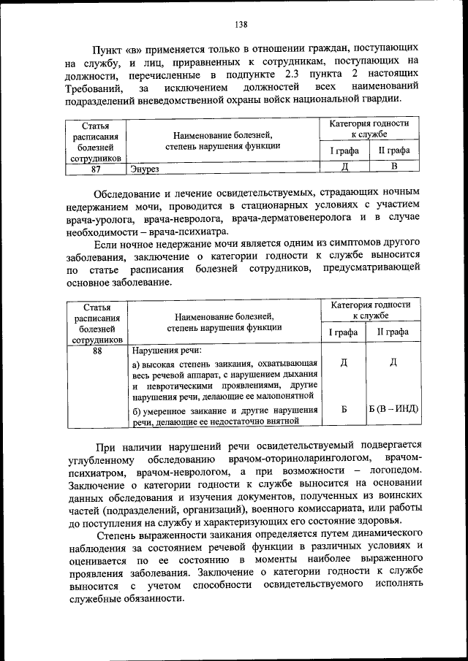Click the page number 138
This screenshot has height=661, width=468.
coord(241,24)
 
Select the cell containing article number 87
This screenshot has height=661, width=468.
coord(96,168)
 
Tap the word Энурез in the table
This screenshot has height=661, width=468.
coord(144,169)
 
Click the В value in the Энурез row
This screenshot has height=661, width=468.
coord(393,167)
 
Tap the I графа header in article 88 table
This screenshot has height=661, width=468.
coord(344,332)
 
